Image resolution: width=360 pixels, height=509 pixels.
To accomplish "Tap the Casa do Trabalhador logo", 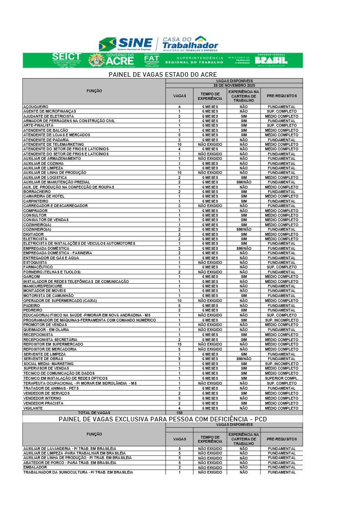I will tap(190, 44).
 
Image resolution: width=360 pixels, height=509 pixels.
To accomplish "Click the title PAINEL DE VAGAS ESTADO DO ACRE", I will tap(163, 74).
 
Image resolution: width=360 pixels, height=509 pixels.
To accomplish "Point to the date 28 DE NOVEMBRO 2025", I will tap(234, 85).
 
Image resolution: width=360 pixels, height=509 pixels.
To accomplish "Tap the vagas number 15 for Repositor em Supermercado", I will tap(179, 344).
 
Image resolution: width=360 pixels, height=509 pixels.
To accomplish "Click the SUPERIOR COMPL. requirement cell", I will tap(281, 378).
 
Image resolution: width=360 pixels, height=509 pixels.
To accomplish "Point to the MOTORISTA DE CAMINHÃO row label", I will tap(48, 296).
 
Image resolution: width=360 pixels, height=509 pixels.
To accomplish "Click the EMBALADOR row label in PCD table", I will tap(35, 467).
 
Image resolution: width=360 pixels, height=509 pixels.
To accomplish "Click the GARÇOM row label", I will tap(32, 277).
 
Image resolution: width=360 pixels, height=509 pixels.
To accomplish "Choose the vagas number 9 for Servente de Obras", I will tap(179, 359).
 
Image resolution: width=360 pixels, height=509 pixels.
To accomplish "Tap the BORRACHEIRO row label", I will tap(37, 192).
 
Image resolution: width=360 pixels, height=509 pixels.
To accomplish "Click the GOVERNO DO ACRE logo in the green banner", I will tap(112, 60).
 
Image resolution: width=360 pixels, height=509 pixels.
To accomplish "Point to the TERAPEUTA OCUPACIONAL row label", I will tap(80, 383).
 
